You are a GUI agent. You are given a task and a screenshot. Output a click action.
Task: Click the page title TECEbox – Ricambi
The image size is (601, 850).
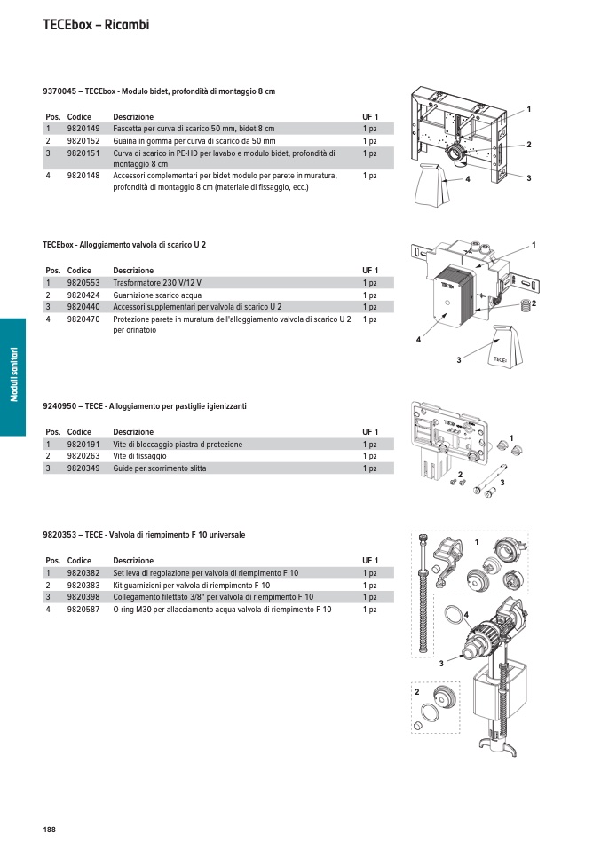pos(96,25)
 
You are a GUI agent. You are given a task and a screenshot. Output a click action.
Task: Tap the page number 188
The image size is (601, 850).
pos(49,829)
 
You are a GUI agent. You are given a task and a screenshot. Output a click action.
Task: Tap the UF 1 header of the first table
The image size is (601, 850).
pos(370,117)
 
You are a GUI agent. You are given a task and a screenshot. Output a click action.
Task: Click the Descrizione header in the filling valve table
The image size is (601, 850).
pos(133,561)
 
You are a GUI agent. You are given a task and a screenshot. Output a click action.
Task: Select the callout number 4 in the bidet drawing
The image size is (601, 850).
pos(467,180)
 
